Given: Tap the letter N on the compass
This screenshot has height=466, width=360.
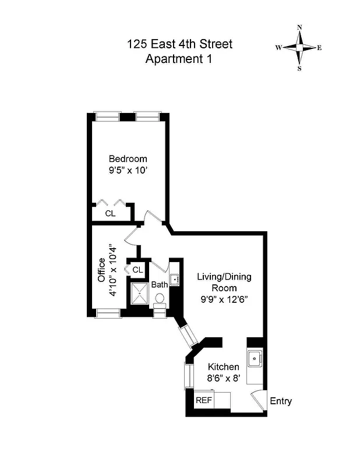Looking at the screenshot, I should (x=299, y=27).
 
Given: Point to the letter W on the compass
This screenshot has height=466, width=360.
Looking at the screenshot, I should (x=279, y=48).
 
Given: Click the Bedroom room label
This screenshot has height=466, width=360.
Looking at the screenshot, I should (x=128, y=158).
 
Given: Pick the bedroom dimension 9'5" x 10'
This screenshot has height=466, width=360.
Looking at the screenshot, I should (x=128, y=172).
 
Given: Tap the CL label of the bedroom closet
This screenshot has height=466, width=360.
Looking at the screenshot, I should (x=110, y=213).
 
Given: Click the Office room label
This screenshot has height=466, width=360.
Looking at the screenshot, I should (x=101, y=270).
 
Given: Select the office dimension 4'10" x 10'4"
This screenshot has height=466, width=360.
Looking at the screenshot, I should (x=114, y=270).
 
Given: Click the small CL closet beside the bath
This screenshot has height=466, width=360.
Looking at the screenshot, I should (x=137, y=270).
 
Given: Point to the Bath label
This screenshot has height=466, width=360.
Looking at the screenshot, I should (x=160, y=285).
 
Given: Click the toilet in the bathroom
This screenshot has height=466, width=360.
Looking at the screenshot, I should (x=160, y=299).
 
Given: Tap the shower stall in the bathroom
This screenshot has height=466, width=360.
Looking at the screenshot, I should (x=139, y=295).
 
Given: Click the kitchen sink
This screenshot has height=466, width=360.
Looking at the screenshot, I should (x=255, y=359).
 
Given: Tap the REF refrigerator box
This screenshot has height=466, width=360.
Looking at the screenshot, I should (x=203, y=401).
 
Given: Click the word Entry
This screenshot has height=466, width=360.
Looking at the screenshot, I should (x=281, y=401).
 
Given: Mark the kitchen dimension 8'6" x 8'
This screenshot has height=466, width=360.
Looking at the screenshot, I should (x=224, y=378).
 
